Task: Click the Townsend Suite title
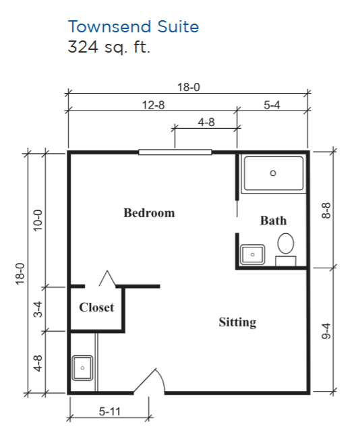coord(133,27)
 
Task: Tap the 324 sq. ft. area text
coord(109,47)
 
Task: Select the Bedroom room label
coord(149,213)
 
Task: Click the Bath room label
coord(274,220)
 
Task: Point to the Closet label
coord(96,307)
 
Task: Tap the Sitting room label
coord(237,322)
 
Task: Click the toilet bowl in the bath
coord(286,243)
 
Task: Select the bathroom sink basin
coord(253,255)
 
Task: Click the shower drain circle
coord(273,173)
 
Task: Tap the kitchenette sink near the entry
coord(82,368)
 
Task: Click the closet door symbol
coord(107,278)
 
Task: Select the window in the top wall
coord(175,152)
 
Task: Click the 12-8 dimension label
coord(153,105)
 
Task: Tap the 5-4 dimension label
coord(272,105)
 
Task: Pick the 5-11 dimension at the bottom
coord(110,411)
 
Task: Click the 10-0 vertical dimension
coord(38,220)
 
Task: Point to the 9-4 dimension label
coord(326,331)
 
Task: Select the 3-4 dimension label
coord(38,309)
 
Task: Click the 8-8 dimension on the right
coord(326,210)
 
